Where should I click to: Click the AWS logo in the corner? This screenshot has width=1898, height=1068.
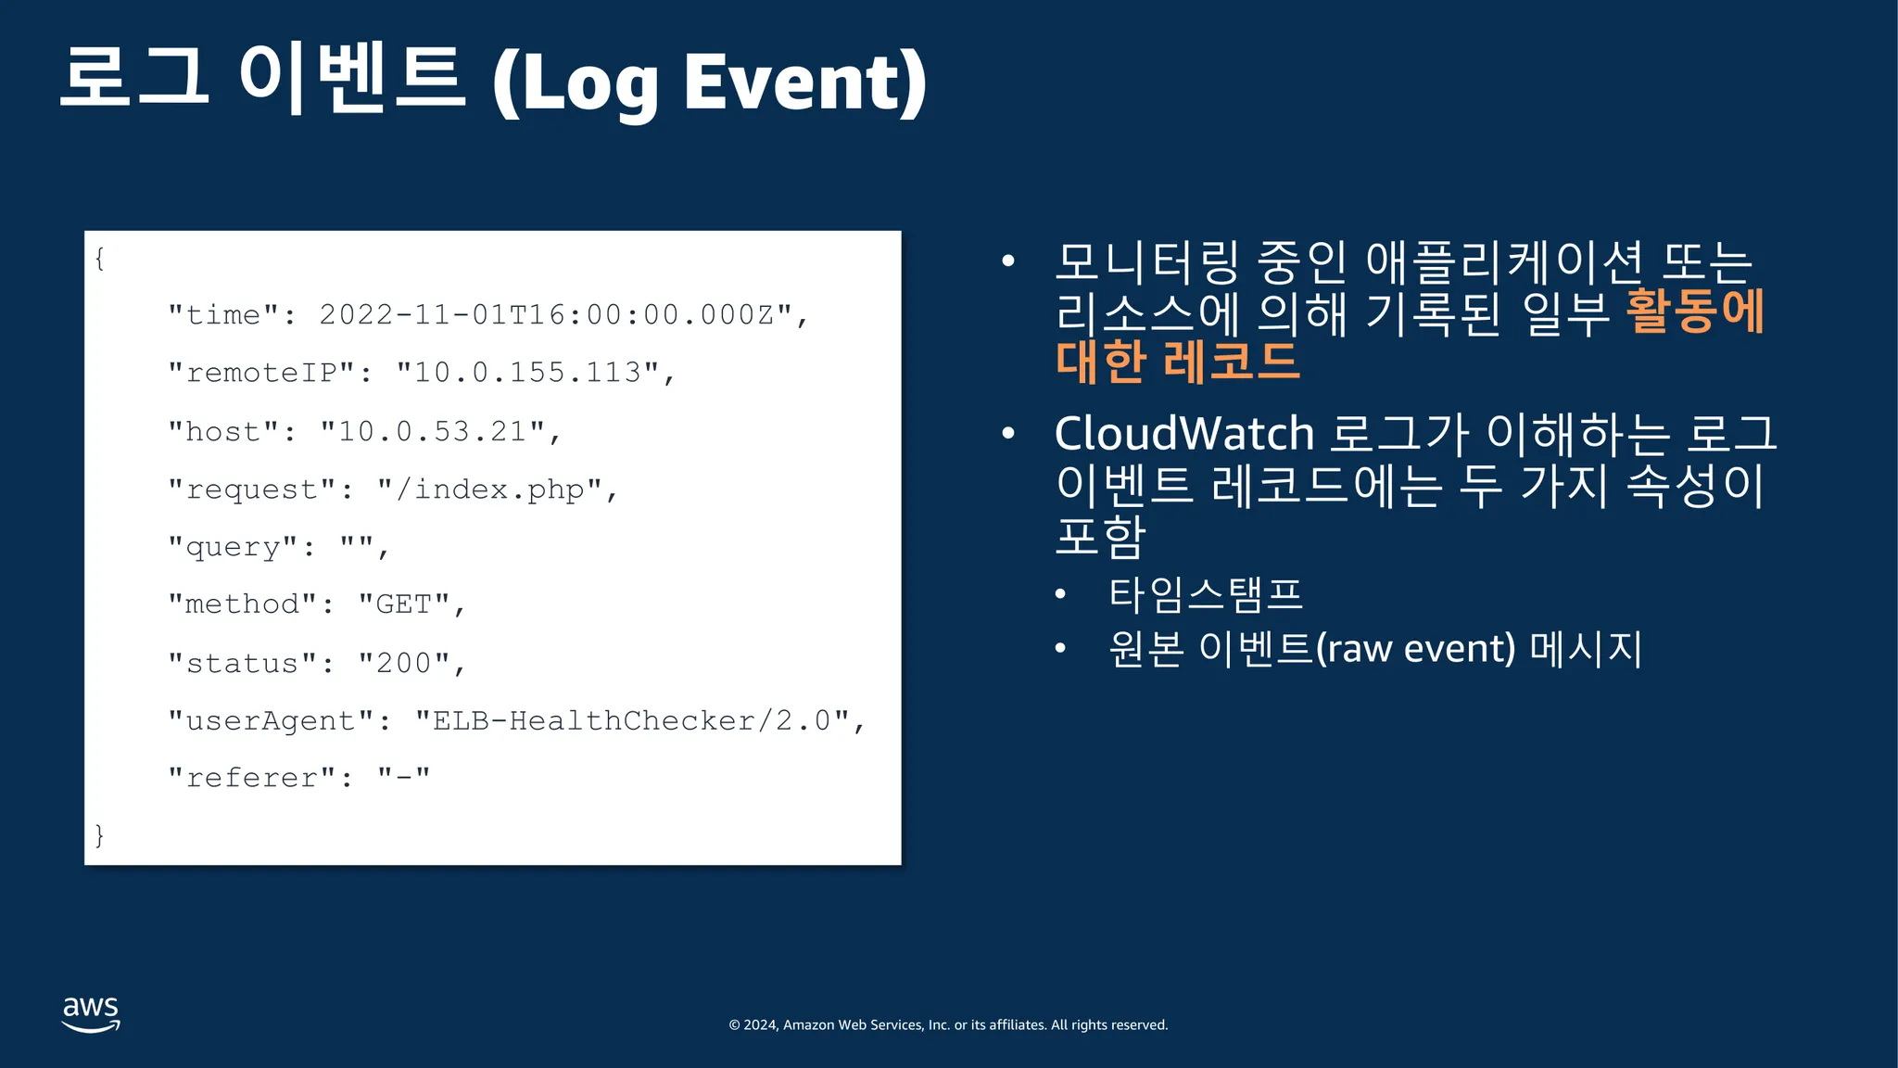coord(91,1014)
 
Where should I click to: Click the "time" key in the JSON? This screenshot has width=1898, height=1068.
coord(223,315)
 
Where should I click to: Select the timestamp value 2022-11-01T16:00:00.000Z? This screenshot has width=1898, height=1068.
coord(556,315)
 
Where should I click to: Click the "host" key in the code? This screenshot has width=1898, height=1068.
coord(223,431)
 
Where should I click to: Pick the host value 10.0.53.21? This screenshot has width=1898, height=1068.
coord(433,431)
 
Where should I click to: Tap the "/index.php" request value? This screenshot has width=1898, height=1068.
coord(490,489)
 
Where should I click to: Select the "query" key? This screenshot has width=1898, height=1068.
coord(233,547)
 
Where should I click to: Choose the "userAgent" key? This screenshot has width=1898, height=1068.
coord(271,720)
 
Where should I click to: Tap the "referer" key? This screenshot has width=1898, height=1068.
coord(252,778)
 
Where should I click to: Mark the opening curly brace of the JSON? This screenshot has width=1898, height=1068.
coord(99,259)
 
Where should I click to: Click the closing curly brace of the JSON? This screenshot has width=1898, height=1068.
coord(99,835)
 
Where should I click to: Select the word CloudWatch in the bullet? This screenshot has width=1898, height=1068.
coord(1184,433)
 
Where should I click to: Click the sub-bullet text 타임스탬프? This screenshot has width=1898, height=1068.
coord(1206,594)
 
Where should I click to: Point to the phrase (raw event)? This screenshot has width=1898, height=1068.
coord(1415,648)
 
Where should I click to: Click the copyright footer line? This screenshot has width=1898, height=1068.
coord(948,1024)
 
